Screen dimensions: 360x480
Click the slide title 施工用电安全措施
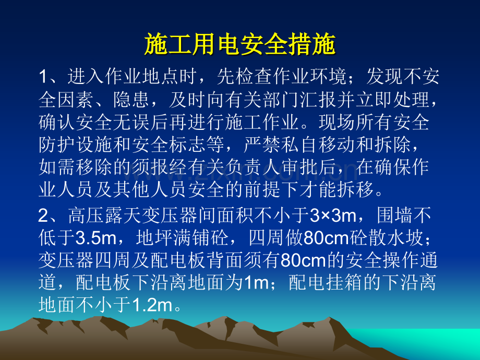(239, 46)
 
